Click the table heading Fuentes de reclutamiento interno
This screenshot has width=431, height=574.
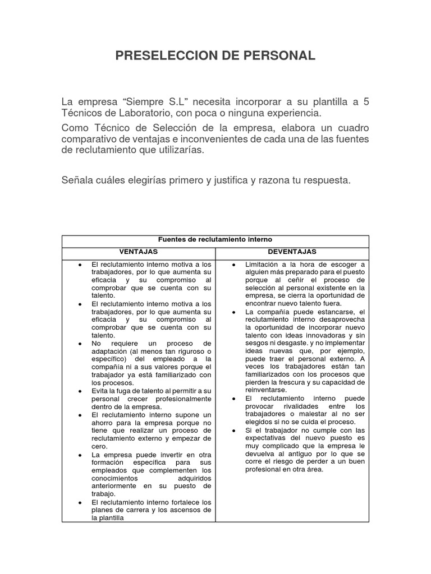click(215, 239)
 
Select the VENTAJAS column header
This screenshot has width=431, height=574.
click(138, 252)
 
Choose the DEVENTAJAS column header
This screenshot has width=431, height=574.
click(292, 252)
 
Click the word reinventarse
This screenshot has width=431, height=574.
click(266, 390)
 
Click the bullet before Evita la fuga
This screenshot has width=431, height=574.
click(81, 391)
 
